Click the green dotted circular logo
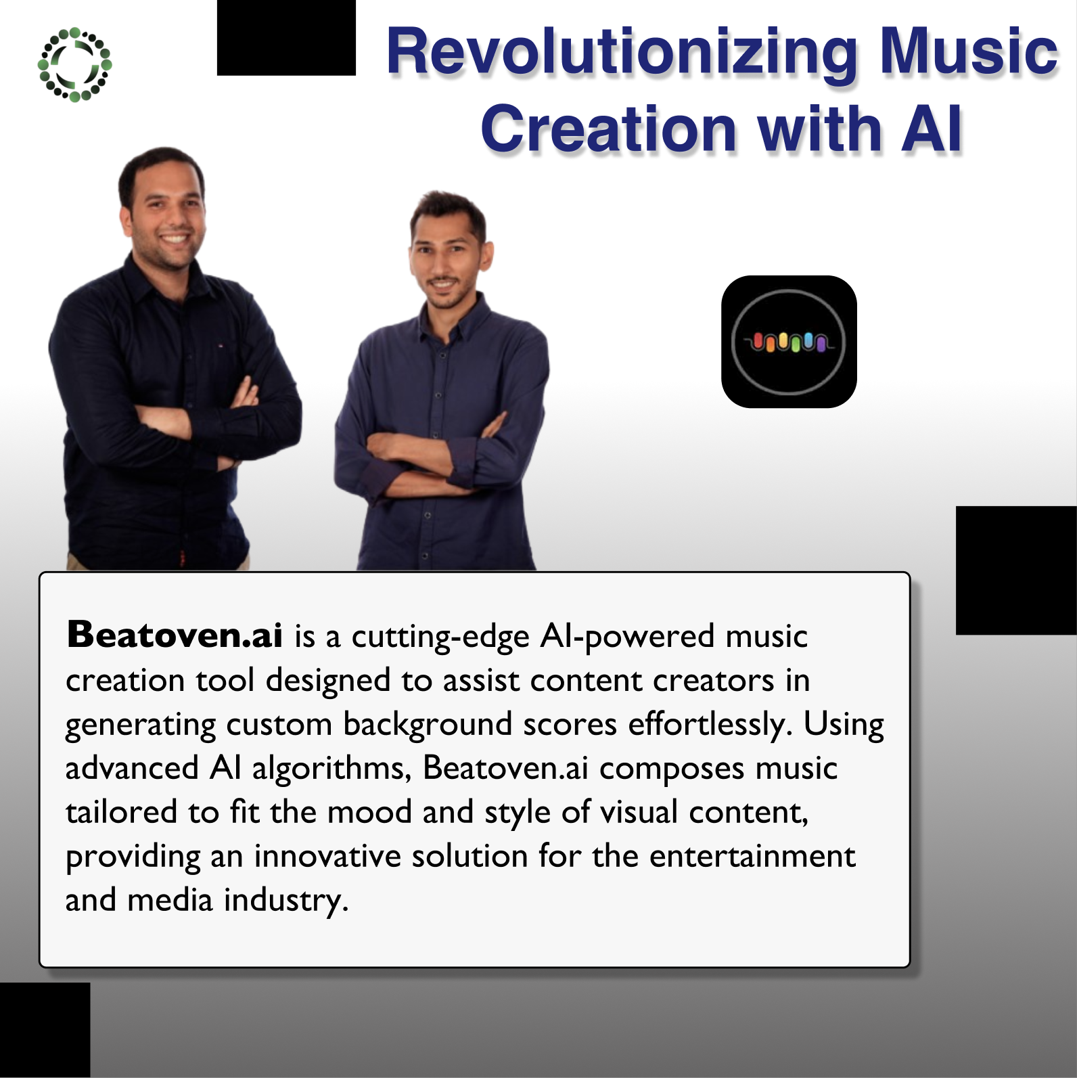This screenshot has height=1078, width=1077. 74,64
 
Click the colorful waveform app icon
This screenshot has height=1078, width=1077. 789,342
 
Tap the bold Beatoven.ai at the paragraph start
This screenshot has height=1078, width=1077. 175,635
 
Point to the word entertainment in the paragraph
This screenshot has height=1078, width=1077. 752,856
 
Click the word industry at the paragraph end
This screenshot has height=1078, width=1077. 285,901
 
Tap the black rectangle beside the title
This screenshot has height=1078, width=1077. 286,37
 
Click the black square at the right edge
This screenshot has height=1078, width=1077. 1016,570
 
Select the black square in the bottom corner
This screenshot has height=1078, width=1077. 45,1030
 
